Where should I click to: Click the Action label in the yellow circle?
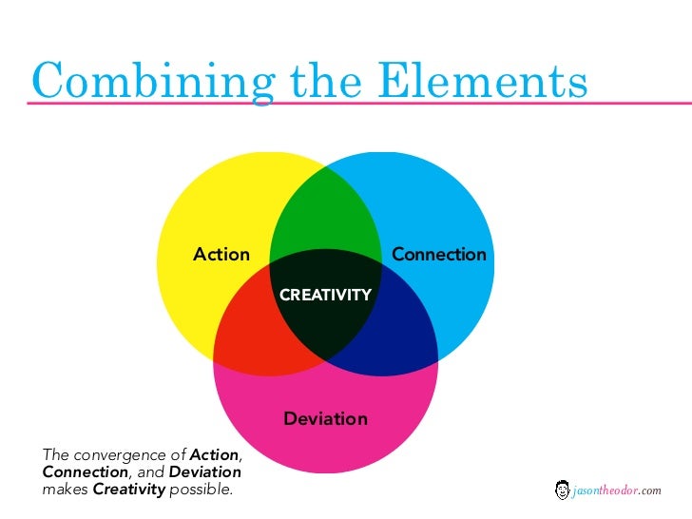click(x=221, y=255)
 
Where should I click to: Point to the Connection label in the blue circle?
click(x=438, y=255)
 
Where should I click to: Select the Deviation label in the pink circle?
click(x=325, y=419)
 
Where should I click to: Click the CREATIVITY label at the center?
click(x=325, y=296)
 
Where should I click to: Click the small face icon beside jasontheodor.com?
click(x=562, y=490)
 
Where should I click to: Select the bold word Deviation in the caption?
click(x=204, y=471)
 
